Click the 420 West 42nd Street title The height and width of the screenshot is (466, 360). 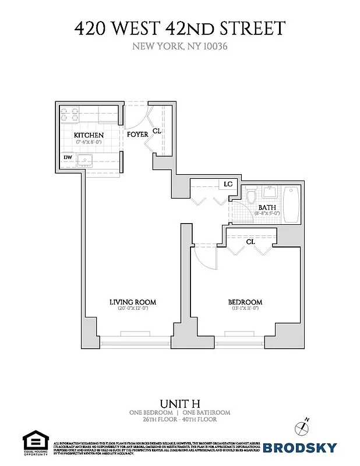click(179, 27)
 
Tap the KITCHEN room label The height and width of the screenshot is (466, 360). click(89, 135)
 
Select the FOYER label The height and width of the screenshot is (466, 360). click(137, 135)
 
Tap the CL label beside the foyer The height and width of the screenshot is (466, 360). click(156, 132)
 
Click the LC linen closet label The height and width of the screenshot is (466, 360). click(228, 184)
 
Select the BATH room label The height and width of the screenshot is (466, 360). click(267, 207)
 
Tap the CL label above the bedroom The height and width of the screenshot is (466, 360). click(250, 241)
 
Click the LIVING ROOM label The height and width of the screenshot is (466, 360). click(133, 302)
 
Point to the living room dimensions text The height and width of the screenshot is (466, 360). click(133, 309)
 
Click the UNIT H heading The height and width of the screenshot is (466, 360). click(179, 403)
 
